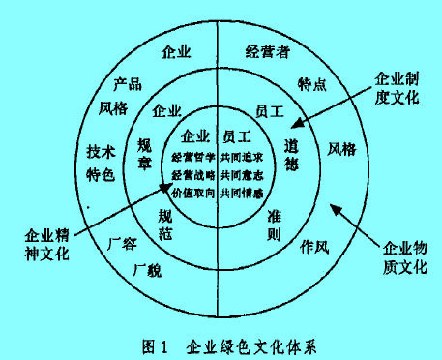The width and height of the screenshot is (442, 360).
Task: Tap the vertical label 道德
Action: [291, 153]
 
